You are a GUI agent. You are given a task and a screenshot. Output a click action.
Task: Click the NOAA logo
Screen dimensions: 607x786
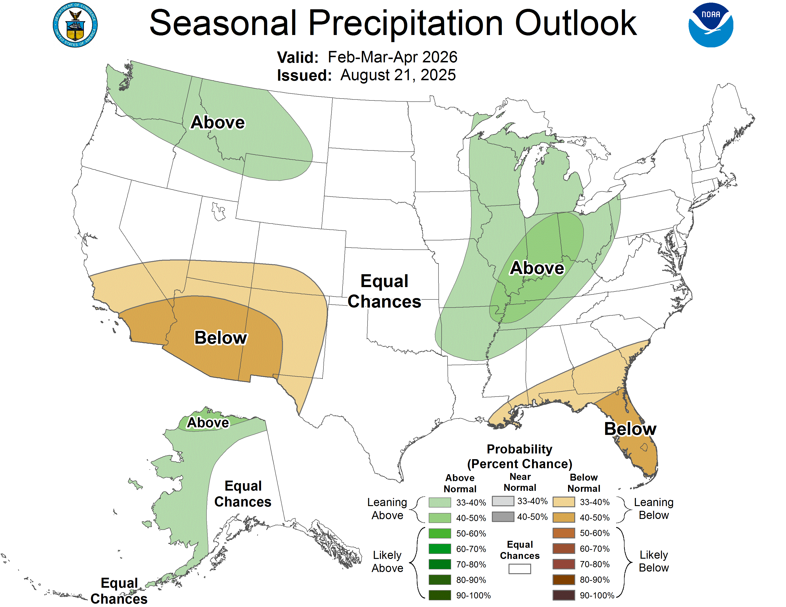710,25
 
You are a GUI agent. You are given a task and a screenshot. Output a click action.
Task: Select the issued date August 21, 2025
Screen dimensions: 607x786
398,75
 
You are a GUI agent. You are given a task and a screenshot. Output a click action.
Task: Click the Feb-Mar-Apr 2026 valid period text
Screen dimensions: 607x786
392,57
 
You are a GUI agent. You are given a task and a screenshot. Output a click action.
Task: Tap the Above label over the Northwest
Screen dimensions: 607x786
218,122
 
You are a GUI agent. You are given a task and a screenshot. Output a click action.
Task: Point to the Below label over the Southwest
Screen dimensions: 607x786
221,338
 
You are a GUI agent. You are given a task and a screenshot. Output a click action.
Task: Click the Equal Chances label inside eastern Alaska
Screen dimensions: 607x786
243,494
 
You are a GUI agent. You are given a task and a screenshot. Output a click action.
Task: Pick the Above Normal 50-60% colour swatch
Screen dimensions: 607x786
439,533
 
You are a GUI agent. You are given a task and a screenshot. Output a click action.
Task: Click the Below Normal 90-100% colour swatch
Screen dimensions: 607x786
563,595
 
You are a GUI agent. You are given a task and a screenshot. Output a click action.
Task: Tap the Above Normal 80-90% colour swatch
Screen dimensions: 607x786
439,580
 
